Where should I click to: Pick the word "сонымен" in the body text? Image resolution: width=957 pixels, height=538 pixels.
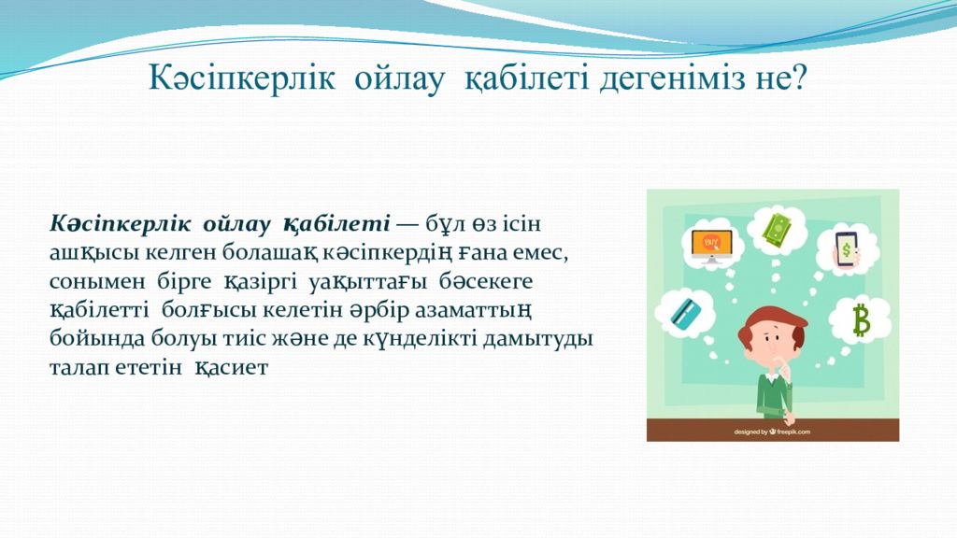coord(97,281)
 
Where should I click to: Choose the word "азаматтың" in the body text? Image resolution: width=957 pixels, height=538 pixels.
coord(472,310)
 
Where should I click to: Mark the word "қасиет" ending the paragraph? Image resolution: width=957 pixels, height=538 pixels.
coord(232,367)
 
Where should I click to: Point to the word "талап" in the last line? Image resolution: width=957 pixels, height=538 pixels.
coord(78,367)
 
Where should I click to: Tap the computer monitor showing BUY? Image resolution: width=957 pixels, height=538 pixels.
coord(711,246)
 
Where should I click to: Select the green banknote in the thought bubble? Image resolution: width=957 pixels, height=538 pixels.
coord(777,230)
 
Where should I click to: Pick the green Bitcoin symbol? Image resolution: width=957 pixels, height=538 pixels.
coord(861,319)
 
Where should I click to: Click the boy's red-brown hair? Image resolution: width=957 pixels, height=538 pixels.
coord(770,326)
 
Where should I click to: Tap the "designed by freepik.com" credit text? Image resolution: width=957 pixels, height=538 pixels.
coord(772,432)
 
